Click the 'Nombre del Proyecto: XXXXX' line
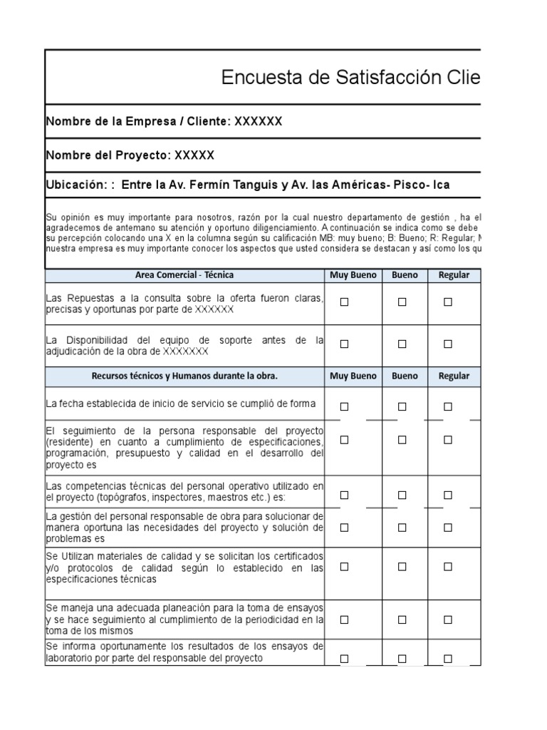(130, 155)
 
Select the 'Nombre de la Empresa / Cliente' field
(164, 121)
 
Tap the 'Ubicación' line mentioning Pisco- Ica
(247, 185)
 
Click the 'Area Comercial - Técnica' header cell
(184, 275)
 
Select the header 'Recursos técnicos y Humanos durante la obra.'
(184, 376)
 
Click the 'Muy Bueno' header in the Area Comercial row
(353, 275)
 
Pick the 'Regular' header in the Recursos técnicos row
(454, 376)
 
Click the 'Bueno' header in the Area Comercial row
(405, 275)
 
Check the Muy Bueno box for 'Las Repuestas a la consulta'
(345, 302)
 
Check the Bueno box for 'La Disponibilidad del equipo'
(402, 344)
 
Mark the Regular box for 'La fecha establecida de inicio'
(448, 406)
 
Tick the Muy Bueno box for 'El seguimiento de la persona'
(345, 440)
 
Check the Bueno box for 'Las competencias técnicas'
(402, 495)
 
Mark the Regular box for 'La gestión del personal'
(448, 528)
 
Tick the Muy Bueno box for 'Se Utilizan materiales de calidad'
(345, 567)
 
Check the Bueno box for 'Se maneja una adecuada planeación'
(402, 620)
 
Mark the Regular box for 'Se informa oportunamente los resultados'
(448, 659)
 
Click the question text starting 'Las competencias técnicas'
(184, 491)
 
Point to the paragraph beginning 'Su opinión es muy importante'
(262, 232)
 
